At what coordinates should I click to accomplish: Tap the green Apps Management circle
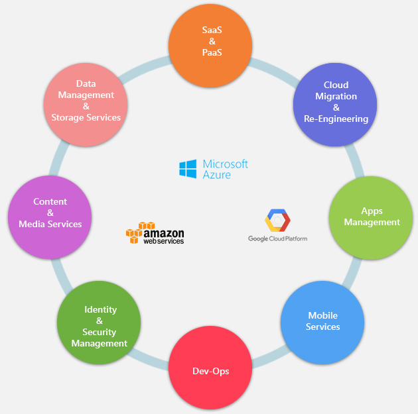372,217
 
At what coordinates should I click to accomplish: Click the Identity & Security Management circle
100,322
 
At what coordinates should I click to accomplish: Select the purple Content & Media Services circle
50,213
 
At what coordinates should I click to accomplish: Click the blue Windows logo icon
188,169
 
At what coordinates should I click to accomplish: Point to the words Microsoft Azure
225,169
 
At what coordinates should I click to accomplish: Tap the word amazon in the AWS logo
164,233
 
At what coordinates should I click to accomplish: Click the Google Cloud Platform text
277,238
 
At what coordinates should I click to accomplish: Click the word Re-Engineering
336,119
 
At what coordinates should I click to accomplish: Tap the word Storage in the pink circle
67,117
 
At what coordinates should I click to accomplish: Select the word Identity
100,309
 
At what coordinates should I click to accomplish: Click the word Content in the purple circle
50,201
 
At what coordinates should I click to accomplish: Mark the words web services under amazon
164,241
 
